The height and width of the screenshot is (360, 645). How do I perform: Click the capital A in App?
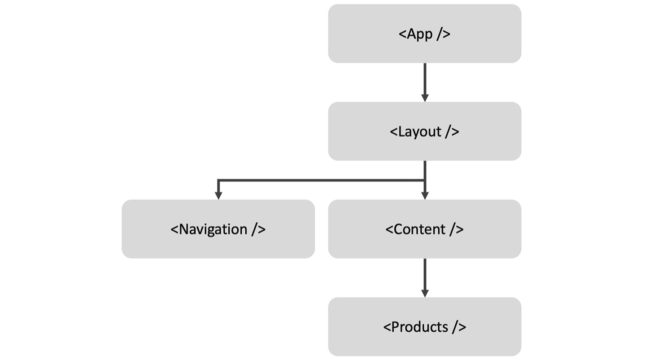[412, 34]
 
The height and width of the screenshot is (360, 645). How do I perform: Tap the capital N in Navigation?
[184, 229]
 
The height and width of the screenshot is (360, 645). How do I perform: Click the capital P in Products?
[396, 327]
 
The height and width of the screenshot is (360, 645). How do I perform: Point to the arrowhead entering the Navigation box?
[218, 195]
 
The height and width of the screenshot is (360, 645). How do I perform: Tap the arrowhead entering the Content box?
[425, 195]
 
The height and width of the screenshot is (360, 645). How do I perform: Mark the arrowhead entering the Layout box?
[425, 98]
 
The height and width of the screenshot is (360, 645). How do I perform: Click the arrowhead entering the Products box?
[425, 293]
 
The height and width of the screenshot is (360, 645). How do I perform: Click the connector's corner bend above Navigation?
[218, 180]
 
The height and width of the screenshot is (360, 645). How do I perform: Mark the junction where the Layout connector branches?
[425, 180]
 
